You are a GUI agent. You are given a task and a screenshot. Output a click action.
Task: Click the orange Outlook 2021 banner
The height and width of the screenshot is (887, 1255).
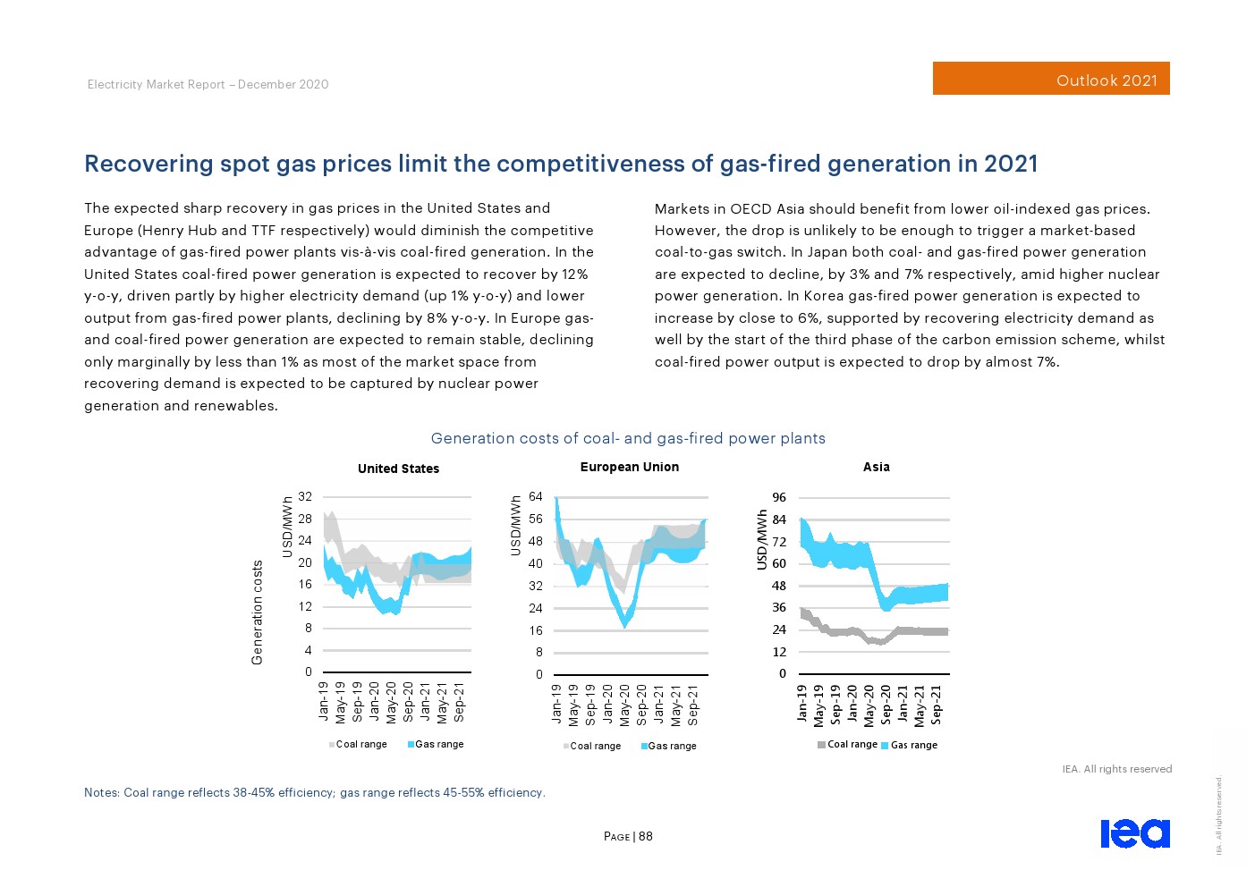[x=1051, y=79]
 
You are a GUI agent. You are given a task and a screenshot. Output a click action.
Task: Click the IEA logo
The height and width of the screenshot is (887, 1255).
[x=1134, y=832]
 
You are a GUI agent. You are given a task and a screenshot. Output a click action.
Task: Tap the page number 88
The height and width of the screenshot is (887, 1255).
[x=645, y=837]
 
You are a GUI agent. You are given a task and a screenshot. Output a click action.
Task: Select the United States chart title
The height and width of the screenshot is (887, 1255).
[x=398, y=469]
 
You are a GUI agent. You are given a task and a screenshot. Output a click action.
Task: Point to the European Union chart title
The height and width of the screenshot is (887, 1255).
[x=629, y=467]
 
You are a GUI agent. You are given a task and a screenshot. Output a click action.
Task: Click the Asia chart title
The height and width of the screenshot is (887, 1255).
[x=876, y=467]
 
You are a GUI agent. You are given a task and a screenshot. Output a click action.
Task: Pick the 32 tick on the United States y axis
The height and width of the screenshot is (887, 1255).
[x=305, y=496]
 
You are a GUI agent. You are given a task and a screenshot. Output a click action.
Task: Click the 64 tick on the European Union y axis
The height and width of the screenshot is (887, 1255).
[x=535, y=496]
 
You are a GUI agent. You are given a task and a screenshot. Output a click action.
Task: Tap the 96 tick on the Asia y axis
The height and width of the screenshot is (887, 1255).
[x=779, y=497]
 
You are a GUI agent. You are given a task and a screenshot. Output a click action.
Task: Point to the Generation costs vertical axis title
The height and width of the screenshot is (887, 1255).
[x=258, y=612]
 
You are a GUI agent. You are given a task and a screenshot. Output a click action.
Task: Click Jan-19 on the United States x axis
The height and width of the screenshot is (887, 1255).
[x=324, y=701]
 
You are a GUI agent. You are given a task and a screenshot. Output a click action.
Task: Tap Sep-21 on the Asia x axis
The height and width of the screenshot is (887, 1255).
[x=937, y=704]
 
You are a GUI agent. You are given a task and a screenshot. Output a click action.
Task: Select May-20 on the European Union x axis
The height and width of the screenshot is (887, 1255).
[x=624, y=704]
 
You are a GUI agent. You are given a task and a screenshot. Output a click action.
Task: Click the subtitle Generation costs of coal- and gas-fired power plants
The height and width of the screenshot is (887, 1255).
[x=628, y=438]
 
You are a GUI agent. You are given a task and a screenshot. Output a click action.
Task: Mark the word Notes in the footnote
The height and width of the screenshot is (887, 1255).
[x=101, y=792]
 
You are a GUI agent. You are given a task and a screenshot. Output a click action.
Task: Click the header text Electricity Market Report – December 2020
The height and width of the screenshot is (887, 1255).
[x=208, y=84]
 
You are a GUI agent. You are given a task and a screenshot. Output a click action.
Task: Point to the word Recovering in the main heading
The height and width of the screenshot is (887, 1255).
[x=148, y=164]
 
